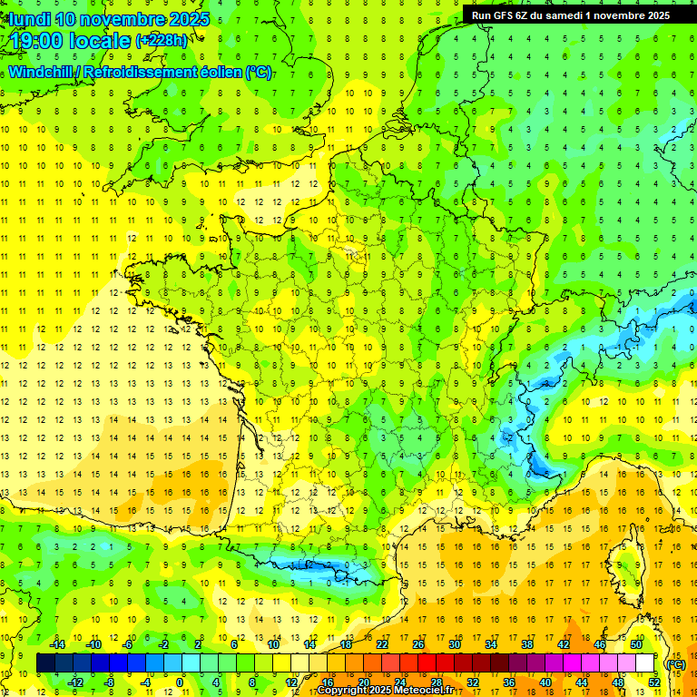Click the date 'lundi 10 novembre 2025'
[x=108, y=19]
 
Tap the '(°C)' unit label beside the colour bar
[x=675, y=663]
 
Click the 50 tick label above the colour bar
[x=635, y=644]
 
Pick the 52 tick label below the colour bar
[x=653, y=682]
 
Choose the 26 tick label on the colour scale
[x=417, y=644]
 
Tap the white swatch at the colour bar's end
[x=645, y=663]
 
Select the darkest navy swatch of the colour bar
[x=45, y=663]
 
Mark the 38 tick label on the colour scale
[x=526, y=644]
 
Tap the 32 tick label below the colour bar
[x=472, y=682]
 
